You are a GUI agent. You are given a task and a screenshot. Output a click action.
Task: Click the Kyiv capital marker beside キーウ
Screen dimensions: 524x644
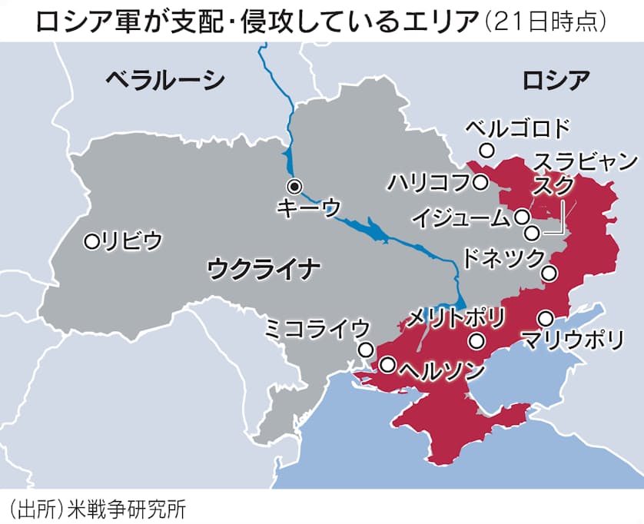(x=294, y=186)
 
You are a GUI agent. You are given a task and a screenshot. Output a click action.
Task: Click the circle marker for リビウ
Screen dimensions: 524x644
(x=92, y=241)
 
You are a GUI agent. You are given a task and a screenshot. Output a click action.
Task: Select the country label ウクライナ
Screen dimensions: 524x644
(x=264, y=269)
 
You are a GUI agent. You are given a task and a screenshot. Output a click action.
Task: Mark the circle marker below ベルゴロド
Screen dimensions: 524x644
(x=486, y=150)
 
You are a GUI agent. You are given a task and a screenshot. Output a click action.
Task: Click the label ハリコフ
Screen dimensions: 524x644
(x=427, y=183)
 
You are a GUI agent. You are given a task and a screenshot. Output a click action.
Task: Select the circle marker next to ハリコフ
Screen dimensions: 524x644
(x=480, y=183)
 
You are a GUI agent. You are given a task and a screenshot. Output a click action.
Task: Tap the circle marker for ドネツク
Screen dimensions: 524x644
(x=549, y=272)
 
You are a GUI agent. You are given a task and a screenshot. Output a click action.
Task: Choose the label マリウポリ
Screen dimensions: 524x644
(x=572, y=339)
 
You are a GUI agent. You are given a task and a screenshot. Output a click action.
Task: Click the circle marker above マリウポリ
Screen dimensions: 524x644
(x=546, y=317)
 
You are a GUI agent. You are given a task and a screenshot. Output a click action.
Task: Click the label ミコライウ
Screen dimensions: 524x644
(x=317, y=329)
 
